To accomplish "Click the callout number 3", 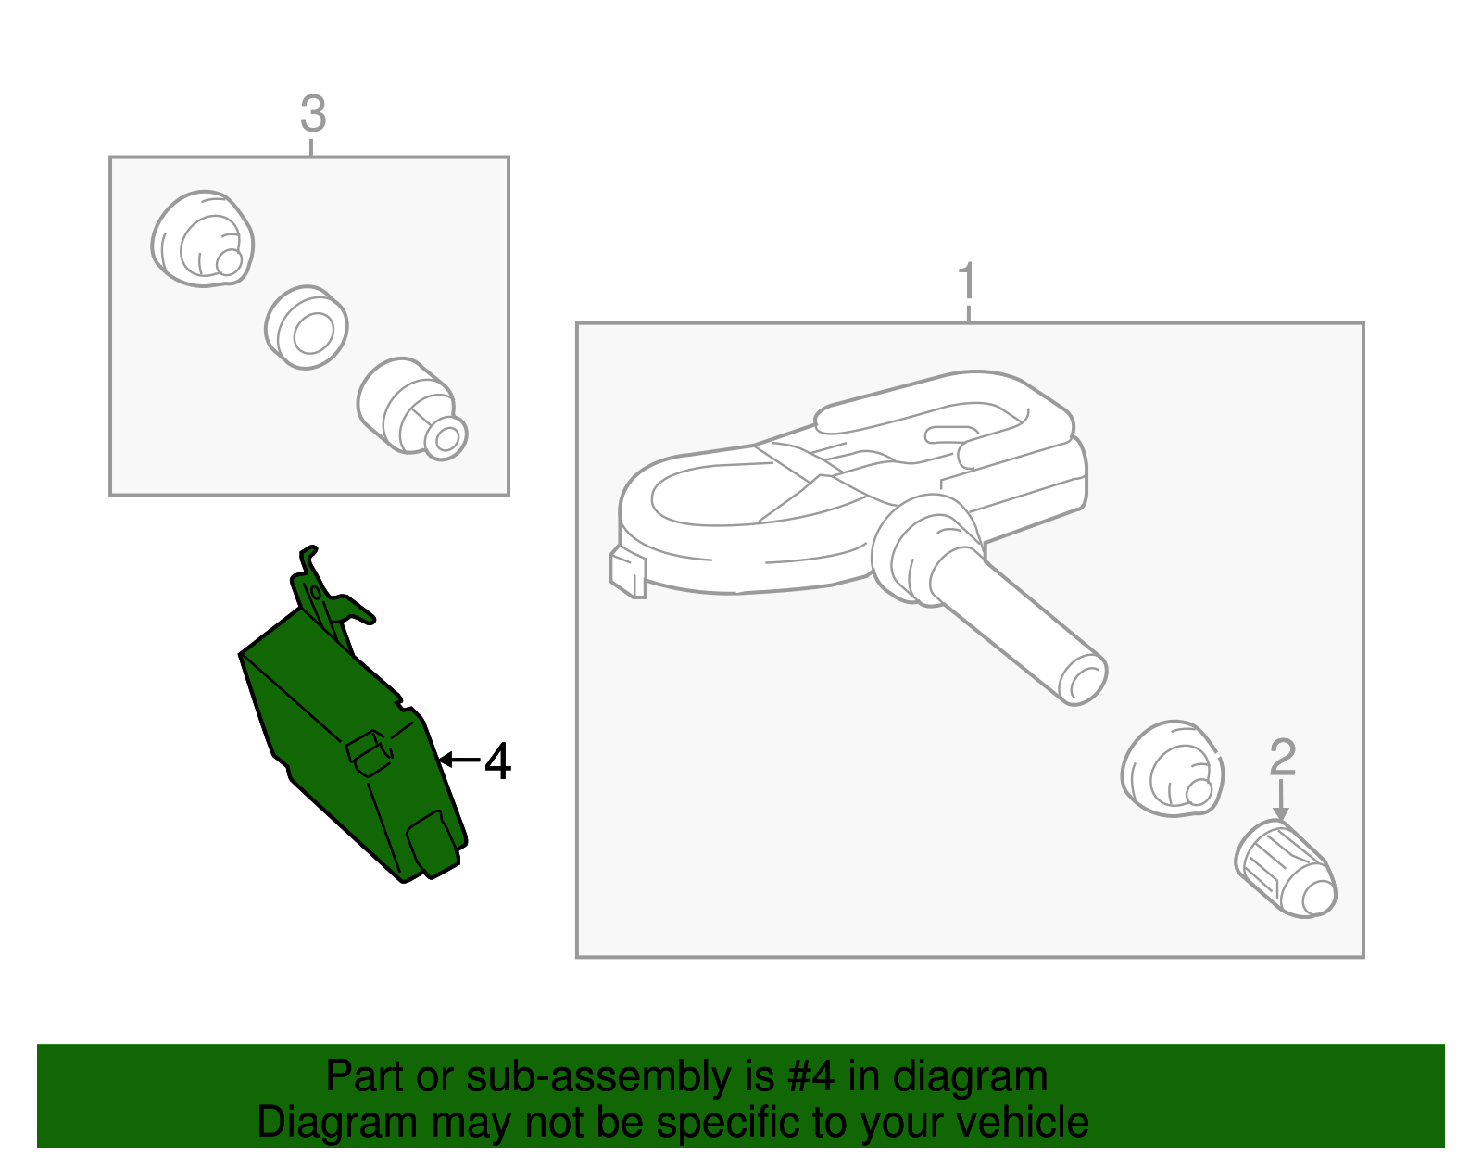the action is (313, 114).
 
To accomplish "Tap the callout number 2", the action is (1282, 758).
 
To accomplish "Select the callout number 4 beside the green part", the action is (498, 761).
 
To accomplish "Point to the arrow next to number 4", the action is (460, 760).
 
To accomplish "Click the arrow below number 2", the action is (1281, 799).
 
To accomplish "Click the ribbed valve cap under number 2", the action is (1286, 870).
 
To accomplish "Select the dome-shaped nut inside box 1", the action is (1173, 768).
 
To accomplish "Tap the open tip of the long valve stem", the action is (1083, 679).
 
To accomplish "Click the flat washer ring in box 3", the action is (307, 327).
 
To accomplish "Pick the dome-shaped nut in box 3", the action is (203, 239).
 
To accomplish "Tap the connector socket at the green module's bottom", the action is (433, 844).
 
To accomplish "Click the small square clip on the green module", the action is (369, 753).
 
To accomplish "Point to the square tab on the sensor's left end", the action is (627, 573).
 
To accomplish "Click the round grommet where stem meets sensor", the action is (927, 550).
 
